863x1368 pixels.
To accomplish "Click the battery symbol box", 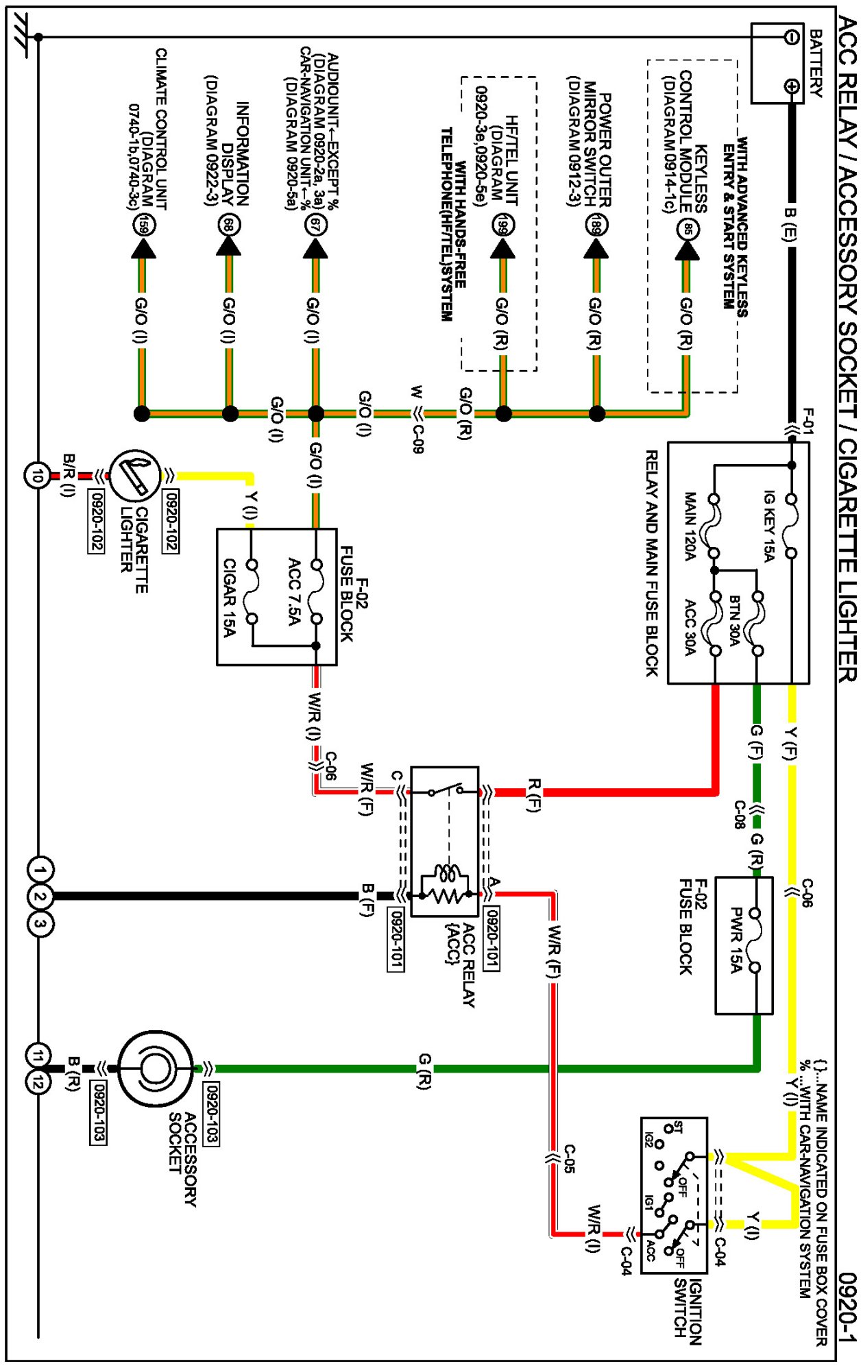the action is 777,63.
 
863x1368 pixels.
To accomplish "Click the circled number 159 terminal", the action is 143,225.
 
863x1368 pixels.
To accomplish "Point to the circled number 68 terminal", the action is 229,225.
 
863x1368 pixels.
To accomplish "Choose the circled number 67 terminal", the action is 315,225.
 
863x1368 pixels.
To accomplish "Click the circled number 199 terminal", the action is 503,225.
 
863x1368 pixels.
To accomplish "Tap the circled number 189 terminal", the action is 596,225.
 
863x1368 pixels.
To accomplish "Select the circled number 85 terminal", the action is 688,228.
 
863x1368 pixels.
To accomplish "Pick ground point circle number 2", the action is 39,896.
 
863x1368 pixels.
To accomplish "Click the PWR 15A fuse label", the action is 736,940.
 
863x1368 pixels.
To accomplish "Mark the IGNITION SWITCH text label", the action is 687,1311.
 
